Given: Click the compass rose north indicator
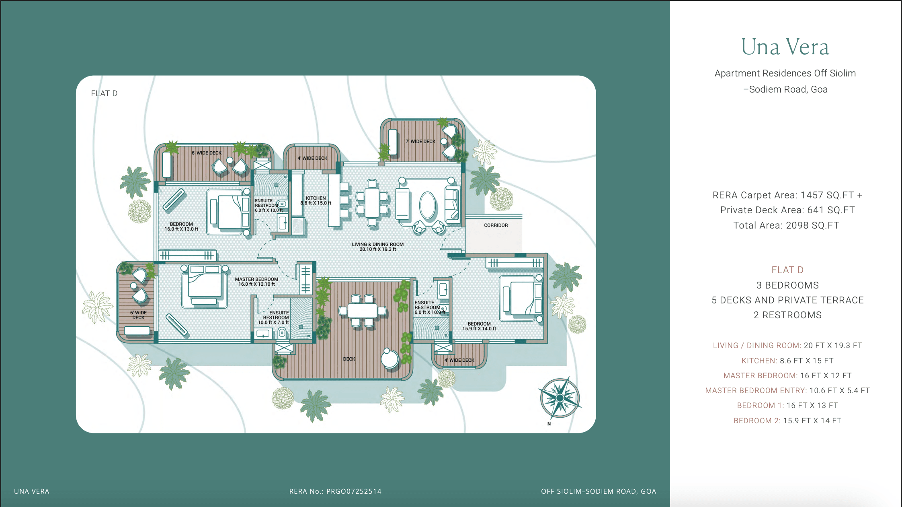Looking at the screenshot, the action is coord(560,398).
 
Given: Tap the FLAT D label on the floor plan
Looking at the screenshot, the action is coord(104,93).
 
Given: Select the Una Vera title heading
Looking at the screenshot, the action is coord(785,47).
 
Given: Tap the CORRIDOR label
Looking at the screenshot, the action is coord(496,225).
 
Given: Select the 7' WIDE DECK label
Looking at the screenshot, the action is coord(420,142).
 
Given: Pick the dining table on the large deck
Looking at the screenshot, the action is coord(362,311).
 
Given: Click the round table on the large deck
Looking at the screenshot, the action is coord(390,358).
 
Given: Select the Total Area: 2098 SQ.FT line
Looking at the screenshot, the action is coord(786,225).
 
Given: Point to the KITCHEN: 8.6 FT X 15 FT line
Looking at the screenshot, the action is coord(787,361).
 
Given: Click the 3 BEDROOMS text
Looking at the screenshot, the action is coord(787,285).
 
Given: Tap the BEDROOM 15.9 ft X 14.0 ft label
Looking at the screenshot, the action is coord(479,326).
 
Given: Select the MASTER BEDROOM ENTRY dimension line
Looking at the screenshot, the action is coord(787,390).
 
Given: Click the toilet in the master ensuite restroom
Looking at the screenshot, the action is coord(282,333).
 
